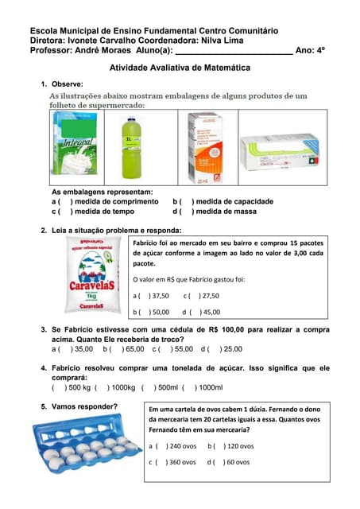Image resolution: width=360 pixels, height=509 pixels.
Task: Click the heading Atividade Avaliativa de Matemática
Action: coord(179,68)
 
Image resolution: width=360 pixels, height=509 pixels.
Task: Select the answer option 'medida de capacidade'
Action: coord(230,202)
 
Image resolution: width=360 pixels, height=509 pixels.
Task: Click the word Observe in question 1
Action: coord(68,84)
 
